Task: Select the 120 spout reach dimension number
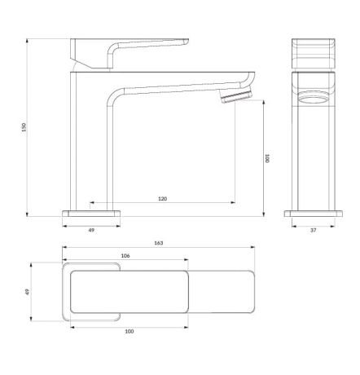[162, 199]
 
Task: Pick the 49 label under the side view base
[91, 231]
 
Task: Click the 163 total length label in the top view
[158, 243]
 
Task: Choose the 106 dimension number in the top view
[125, 256]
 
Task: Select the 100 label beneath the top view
[129, 332]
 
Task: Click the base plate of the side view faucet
[91, 213]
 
